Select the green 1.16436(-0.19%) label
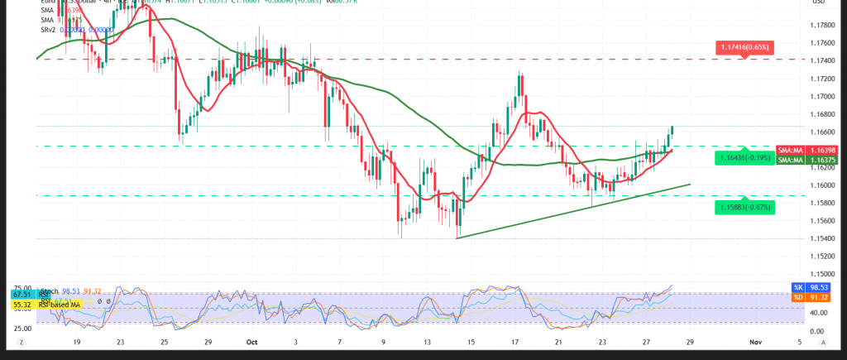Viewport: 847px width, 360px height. [x=745, y=157]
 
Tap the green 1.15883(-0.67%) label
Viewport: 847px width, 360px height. [x=746, y=207]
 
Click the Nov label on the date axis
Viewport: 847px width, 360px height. [x=754, y=341]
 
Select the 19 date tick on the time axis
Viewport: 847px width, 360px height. [x=77, y=341]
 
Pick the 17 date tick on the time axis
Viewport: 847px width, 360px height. [x=515, y=341]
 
